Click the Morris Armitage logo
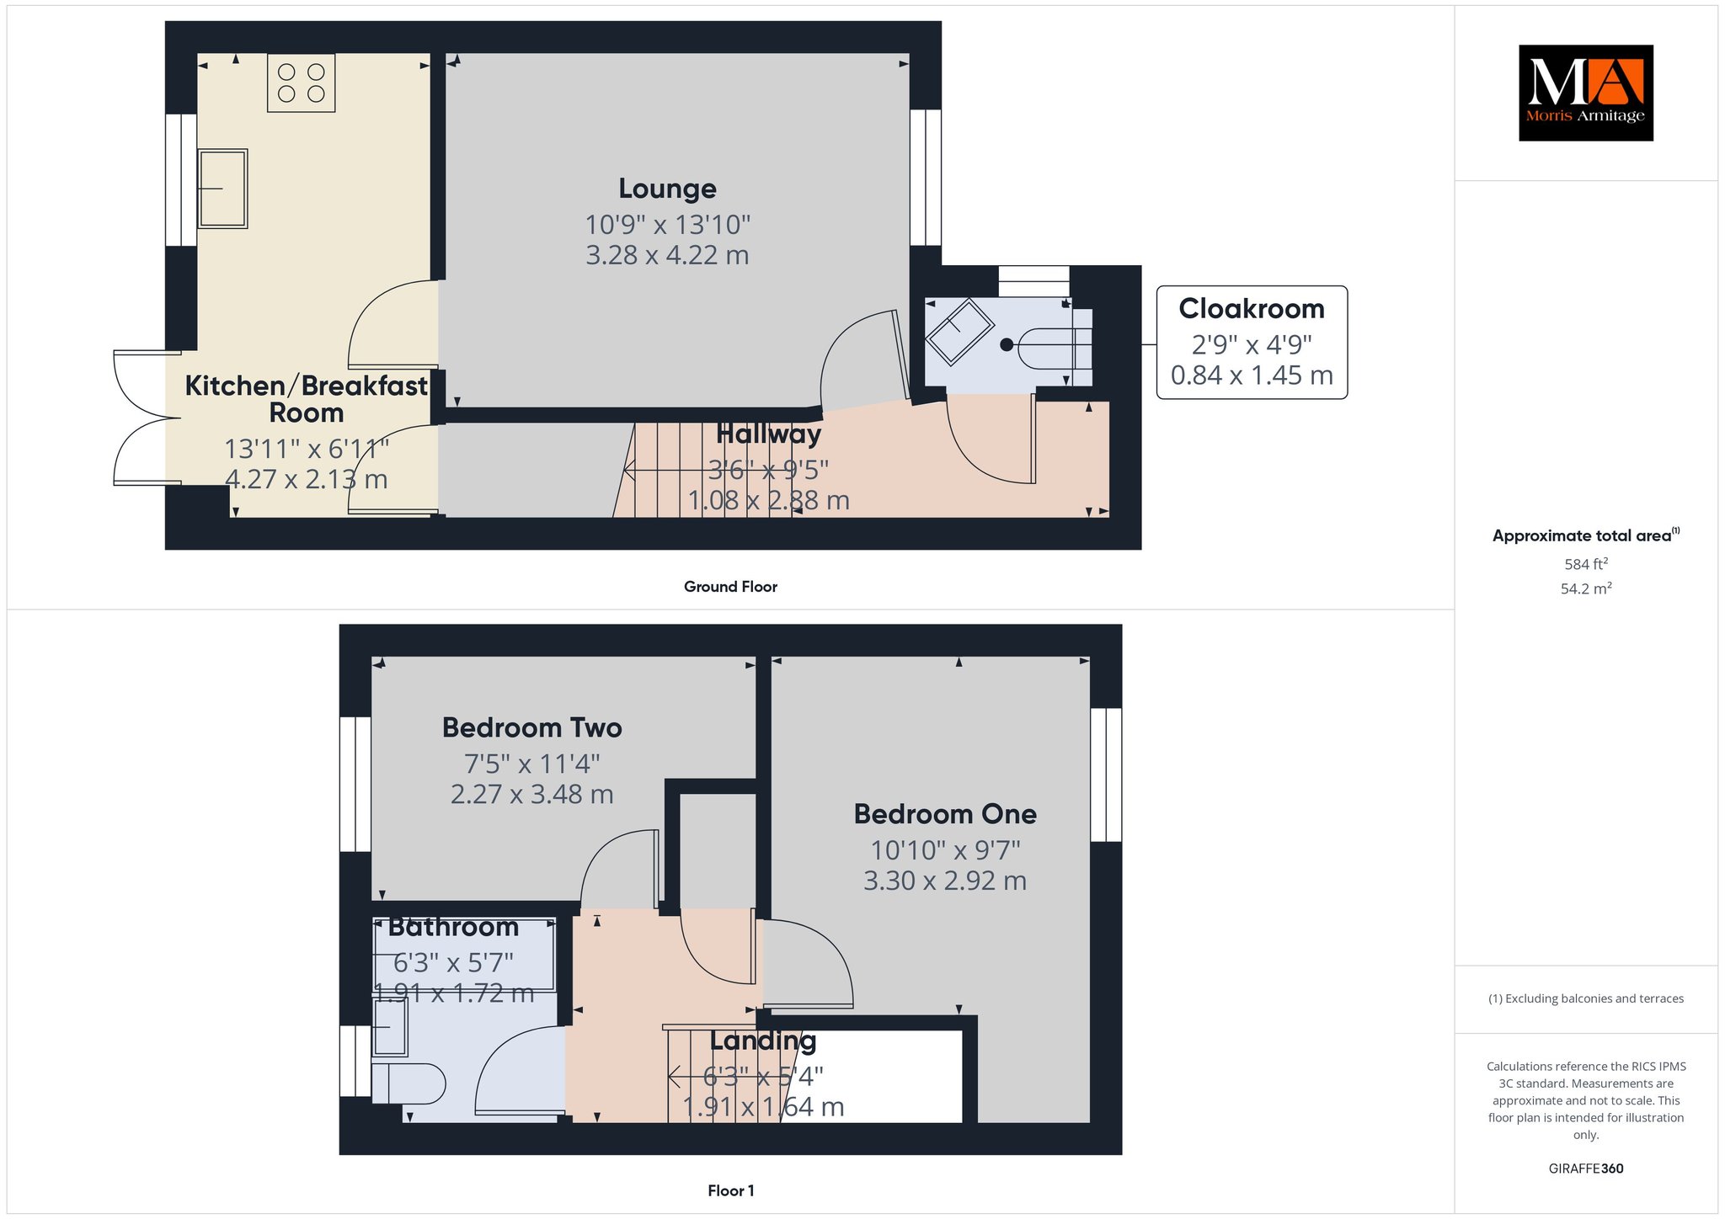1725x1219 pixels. [1585, 93]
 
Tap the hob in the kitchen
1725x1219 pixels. [302, 83]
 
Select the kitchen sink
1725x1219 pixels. [222, 189]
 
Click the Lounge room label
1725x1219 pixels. [668, 189]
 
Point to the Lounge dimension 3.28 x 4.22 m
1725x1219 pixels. [668, 255]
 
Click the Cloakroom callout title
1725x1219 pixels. [1252, 309]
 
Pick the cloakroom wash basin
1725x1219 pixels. [959, 332]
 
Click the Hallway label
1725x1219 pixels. [768, 434]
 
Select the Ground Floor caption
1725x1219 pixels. [730, 587]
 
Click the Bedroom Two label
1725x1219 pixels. [532, 727]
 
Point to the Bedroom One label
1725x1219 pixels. [945, 814]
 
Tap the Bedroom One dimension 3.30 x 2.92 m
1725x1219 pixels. [945, 881]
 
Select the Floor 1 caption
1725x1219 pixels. [731, 1190]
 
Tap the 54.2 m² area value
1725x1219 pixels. [1586, 588]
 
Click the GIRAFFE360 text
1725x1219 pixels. [1586, 1168]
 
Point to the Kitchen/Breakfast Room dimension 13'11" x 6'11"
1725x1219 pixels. [307, 450]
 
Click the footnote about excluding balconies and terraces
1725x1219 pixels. [1586, 999]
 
